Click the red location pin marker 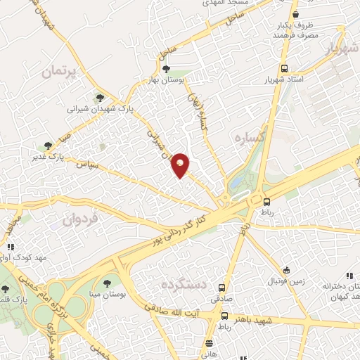(x=181, y=165)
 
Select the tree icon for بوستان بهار (x=165, y=69)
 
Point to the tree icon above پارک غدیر (x=48, y=146)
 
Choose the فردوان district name (x=82, y=219)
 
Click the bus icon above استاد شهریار (x=284, y=69)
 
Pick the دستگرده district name (x=181, y=286)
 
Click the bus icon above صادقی (x=222, y=288)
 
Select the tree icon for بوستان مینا (x=107, y=283)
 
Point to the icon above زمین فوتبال (x=286, y=270)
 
